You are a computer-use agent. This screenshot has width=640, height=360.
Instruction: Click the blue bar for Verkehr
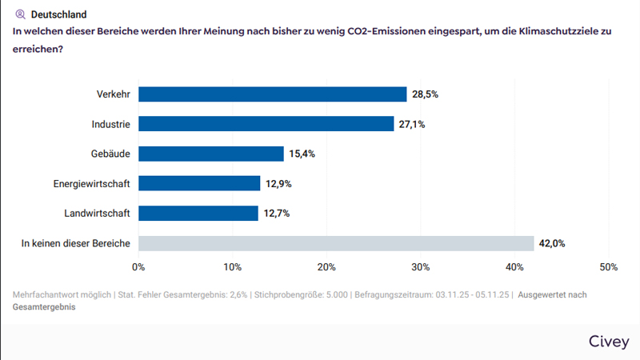coord(272,94)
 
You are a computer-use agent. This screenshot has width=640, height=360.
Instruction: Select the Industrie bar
coord(266,124)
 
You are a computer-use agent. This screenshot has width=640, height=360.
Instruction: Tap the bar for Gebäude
coord(211,154)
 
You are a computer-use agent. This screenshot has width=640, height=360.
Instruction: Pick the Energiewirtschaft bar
coord(199,183)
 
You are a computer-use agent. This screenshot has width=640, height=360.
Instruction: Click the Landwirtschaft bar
coord(198,214)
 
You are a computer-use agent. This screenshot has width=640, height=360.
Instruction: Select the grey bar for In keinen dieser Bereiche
coord(336,243)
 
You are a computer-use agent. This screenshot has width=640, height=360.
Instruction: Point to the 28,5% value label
coord(425,94)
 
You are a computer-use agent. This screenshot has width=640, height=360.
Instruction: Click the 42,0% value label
coord(552,243)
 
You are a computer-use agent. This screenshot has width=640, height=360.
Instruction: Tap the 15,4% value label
coord(302,154)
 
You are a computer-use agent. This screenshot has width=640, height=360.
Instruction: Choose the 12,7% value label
coord(276,214)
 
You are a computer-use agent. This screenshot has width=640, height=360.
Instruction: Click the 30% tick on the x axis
coord(420,266)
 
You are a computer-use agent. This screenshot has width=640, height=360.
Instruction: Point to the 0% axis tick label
coord(138,266)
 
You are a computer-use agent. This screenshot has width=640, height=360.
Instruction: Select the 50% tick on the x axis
coord(608,266)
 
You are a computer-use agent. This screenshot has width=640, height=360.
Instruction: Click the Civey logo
coord(608,342)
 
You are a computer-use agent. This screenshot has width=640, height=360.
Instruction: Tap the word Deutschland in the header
coord(58,14)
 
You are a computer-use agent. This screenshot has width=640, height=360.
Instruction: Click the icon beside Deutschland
coord(21,14)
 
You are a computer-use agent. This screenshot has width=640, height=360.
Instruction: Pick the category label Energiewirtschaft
coord(92,183)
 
